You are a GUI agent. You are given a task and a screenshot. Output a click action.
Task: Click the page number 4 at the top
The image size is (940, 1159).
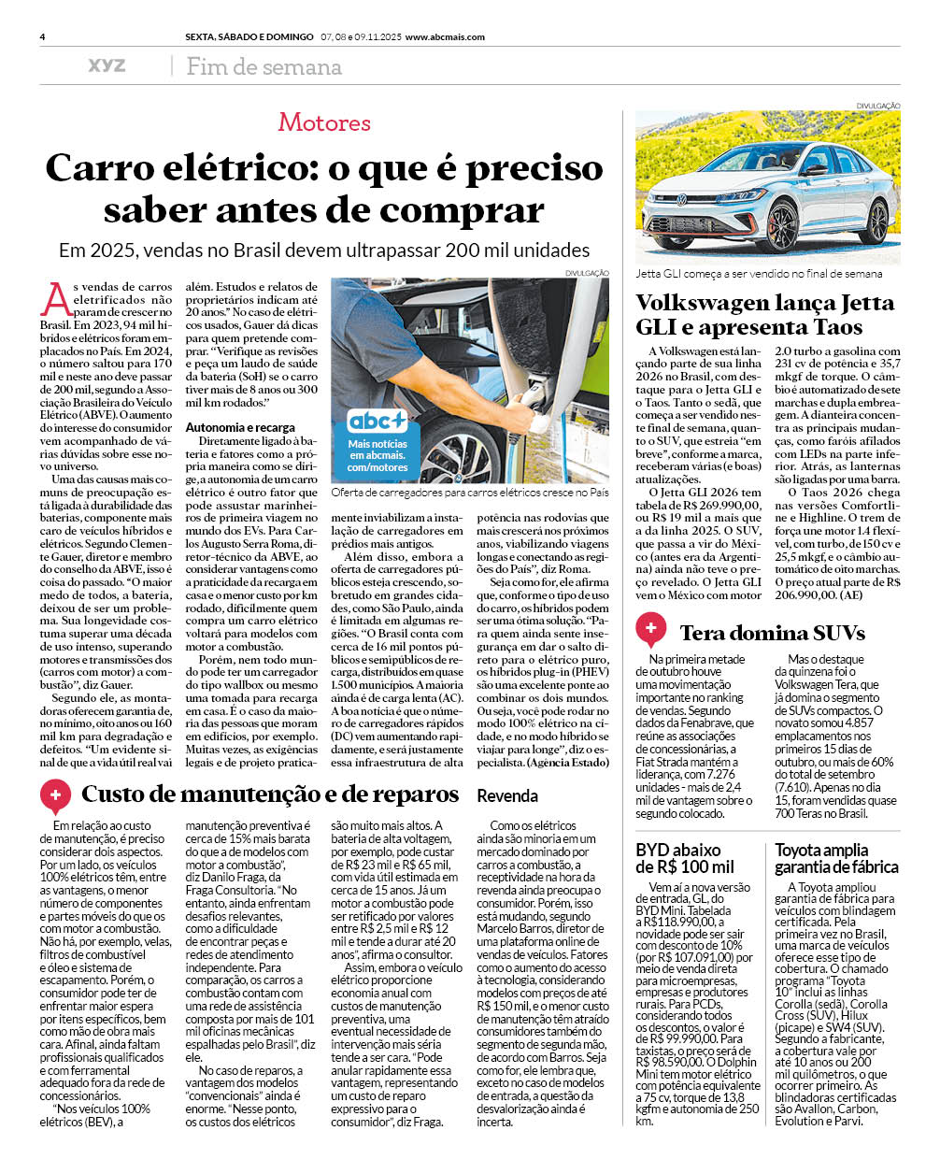click(43, 37)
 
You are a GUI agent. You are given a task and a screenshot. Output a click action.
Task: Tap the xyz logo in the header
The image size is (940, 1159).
click(107, 65)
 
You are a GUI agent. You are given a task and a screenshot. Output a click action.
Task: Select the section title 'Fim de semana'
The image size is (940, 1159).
click(263, 67)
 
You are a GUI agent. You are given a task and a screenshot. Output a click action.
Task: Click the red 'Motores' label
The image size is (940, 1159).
click(324, 122)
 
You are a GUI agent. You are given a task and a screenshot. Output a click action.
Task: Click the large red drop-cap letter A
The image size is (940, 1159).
click(56, 300)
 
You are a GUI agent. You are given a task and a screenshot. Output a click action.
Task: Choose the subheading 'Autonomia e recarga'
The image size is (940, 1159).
click(240, 427)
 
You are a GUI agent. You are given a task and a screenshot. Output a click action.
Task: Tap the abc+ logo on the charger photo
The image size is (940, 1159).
click(377, 421)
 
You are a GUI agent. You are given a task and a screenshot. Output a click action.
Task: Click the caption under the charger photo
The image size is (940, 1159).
click(469, 492)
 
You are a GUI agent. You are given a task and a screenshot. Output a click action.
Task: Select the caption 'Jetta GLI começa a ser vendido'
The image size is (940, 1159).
click(758, 274)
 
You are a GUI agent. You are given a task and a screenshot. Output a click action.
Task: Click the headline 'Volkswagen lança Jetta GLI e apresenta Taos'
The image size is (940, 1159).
click(764, 315)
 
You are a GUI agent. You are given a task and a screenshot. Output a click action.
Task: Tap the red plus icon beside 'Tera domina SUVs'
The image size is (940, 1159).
click(650, 629)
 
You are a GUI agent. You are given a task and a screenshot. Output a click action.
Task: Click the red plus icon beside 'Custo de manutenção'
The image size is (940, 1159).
click(55, 796)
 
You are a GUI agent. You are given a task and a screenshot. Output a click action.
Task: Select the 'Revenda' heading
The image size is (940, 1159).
click(507, 796)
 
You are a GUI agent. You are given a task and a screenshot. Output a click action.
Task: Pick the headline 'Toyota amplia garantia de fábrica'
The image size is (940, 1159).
click(835, 858)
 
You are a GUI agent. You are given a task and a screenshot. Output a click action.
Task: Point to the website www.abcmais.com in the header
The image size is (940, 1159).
click(445, 37)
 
